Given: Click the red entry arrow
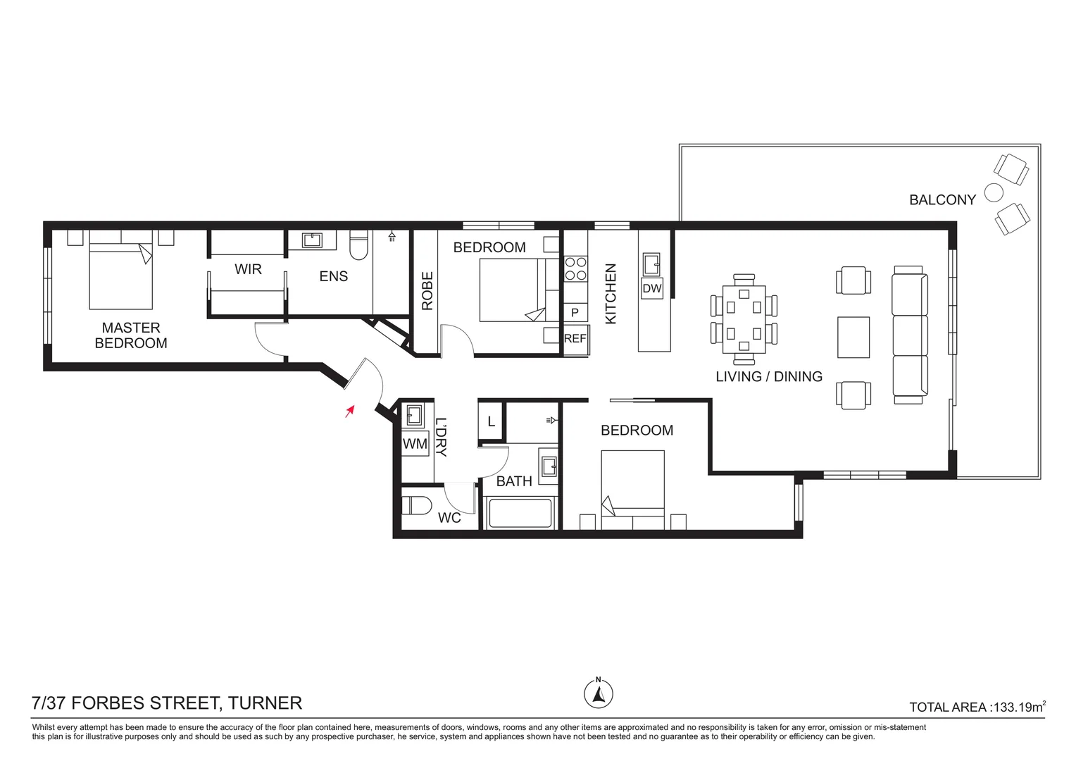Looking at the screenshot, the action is coord(350,411).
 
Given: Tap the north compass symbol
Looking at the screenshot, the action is coord(598,693).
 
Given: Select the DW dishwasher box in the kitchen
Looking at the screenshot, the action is coord(652,288).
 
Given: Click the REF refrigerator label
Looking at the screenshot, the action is coord(575,338).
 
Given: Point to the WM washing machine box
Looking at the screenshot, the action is coord(415,443).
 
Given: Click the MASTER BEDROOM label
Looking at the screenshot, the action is coord(131,335).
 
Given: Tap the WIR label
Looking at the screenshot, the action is coord(248,269).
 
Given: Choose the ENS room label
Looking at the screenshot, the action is coord(333,276).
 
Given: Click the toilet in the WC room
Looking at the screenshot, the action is coord(416,506).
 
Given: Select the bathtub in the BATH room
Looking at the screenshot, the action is coord(519,513).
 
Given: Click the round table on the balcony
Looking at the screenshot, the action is coord(994,193).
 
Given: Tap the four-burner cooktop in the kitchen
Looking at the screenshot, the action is coord(575,268).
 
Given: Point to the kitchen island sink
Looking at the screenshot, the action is coord(651,264).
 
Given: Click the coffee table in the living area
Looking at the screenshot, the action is coord(853,337).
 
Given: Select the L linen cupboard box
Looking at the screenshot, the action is coord(490,421).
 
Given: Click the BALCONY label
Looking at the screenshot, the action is coord(942,199).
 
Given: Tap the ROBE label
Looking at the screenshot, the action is coord(427,291).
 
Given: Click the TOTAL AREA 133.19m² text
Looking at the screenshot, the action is coord(977,707).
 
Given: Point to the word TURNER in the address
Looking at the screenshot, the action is coord(265,703).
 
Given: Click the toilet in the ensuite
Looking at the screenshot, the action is coord(359,245).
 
